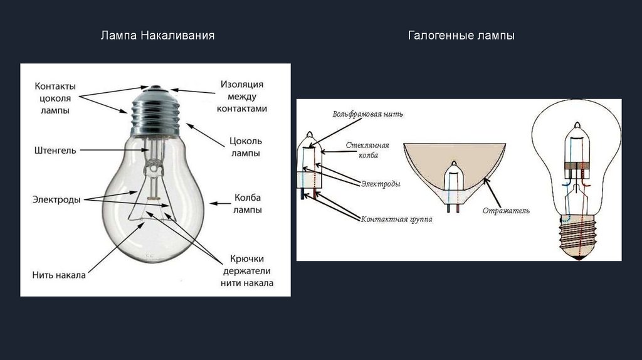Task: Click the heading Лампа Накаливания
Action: (158, 36)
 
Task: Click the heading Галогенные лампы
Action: (461, 36)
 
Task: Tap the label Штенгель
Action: (56, 151)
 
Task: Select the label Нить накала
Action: (59, 274)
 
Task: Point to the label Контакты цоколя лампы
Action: (55, 98)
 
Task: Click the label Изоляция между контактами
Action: (242, 96)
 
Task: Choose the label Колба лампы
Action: (247, 203)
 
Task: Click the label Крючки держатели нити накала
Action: (246, 270)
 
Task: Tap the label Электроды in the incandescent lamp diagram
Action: (56, 199)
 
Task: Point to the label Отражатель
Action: (506, 211)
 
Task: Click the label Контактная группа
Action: (396, 220)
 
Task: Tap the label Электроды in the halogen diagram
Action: (381, 184)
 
